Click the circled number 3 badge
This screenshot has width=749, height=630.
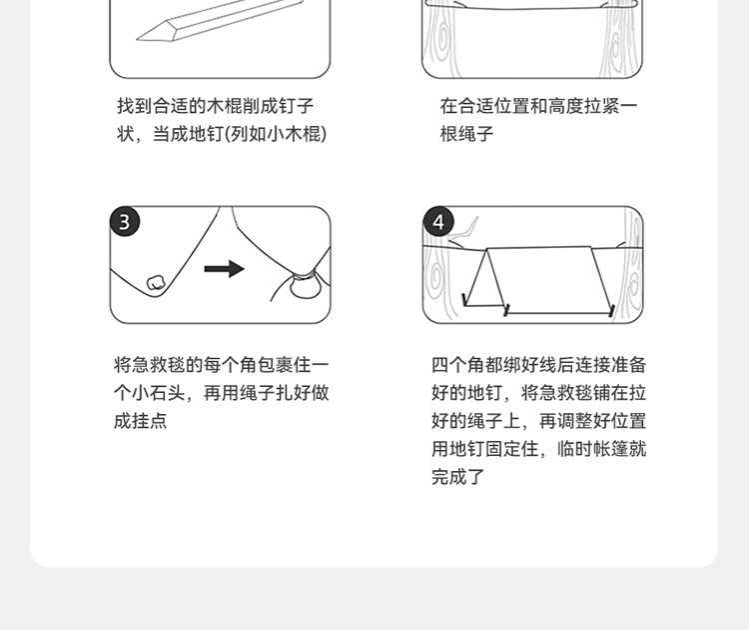click(x=125, y=222)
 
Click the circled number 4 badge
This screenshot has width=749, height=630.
click(x=438, y=222)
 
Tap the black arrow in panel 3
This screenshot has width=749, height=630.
click(x=224, y=269)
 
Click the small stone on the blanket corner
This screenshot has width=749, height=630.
click(x=155, y=283)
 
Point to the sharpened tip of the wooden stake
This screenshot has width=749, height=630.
click(x=137, y=39)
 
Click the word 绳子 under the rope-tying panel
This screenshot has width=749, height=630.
click(x=475, y=134)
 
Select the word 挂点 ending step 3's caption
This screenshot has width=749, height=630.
click(x=150, y=421)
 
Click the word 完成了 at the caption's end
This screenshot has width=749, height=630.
click(x=458, y=477)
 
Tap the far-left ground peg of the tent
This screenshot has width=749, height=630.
click(x=464, y=300)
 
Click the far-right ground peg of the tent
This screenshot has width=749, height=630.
click(x=611, y=310)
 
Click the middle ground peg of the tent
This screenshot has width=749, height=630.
click(x=506, y=310)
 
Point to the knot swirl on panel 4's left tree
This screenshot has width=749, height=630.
click(x=435, y=278)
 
